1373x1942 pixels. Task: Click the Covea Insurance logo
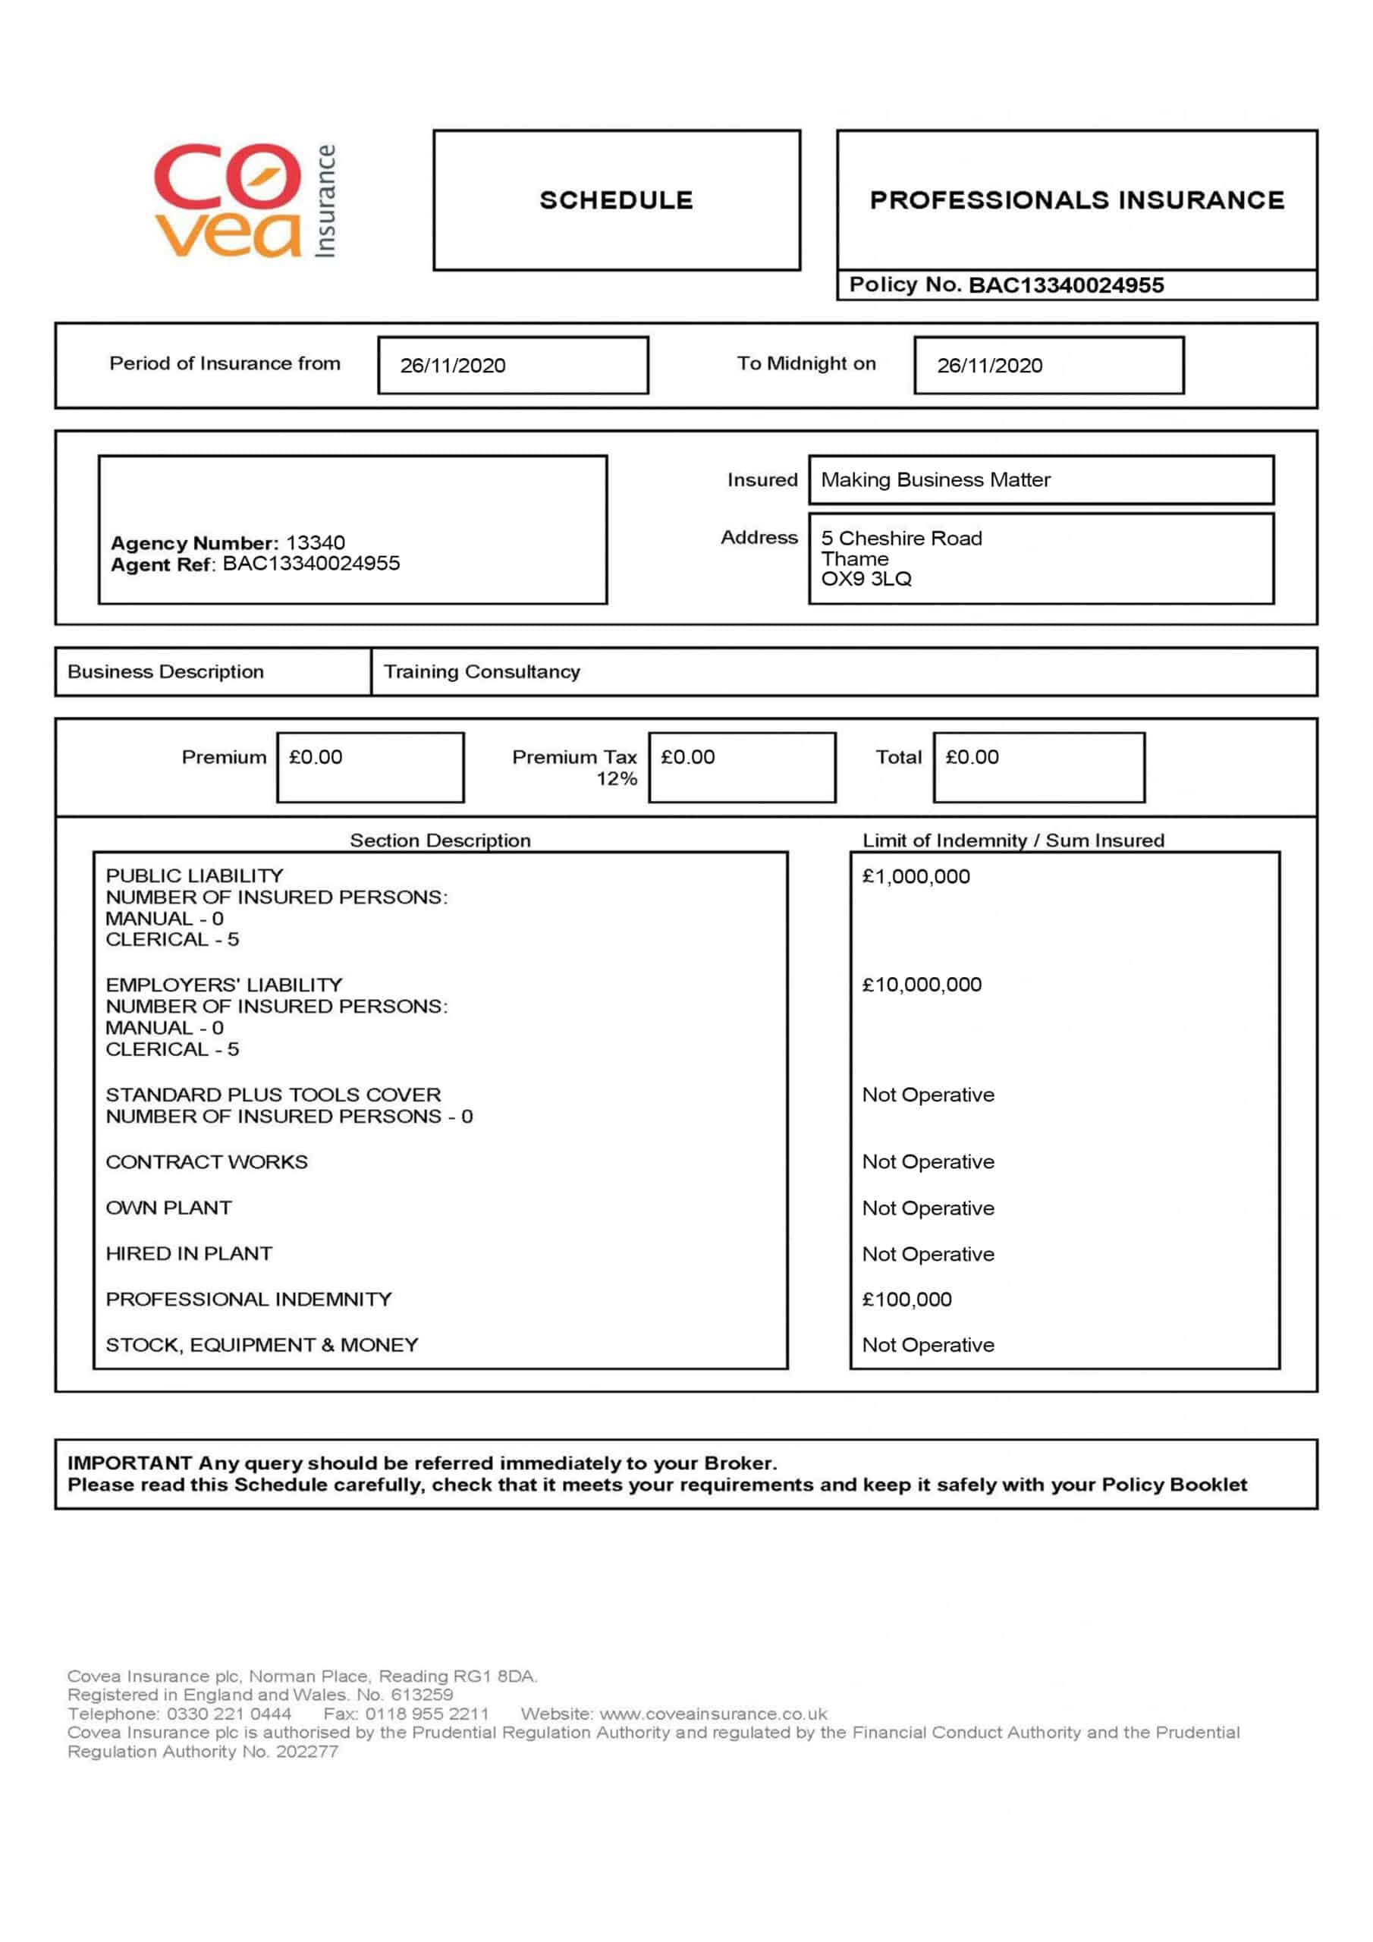pos(244,200)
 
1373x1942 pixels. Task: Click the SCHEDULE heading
pos(616,200)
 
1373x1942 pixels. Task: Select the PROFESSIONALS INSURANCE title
pos(1076,200)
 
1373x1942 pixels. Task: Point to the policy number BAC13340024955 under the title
pos(1066,285)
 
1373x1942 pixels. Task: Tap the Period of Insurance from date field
pos(513,366)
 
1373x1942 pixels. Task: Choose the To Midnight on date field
pos(1048,366)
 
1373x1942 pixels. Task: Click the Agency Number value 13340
pos(316,542)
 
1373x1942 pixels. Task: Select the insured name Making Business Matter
pos(935,479)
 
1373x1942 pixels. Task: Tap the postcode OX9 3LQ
pos(866,580)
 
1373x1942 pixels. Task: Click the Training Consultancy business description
pos(482,671)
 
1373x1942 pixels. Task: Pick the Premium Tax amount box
pos(742,767)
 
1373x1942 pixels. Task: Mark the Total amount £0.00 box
pos(1038,767)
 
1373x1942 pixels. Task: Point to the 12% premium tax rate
pos(617,779)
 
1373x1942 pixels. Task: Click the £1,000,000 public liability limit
pos(916,876)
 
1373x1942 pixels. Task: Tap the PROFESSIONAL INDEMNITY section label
pos(249,1299)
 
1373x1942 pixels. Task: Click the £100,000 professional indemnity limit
pos(907,1299)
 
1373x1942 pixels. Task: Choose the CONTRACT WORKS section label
pos(206,1162)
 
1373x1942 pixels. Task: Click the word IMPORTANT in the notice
pos(130,1463)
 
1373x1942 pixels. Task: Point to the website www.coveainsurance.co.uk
pos(713,1714)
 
